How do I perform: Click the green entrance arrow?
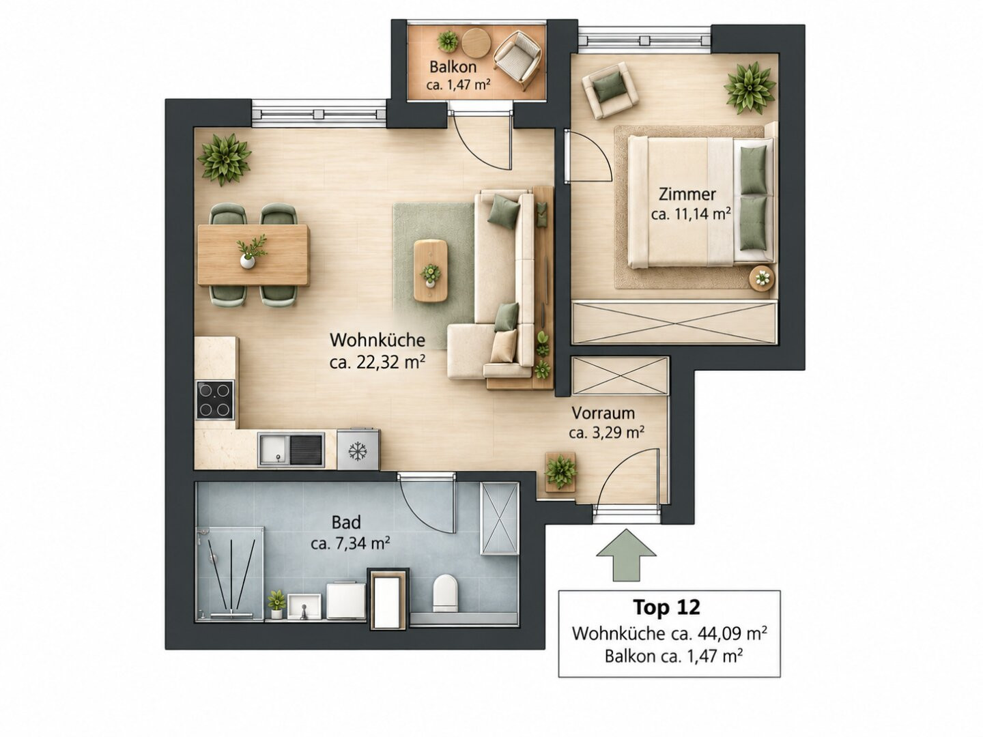626,555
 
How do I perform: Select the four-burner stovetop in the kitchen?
215,400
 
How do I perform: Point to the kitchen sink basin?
274,449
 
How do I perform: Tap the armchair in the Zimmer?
610,90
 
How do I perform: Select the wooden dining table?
253,255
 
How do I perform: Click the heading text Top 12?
666,607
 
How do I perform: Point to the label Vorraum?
603,413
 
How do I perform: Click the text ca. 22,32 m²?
377,362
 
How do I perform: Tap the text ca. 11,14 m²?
692,214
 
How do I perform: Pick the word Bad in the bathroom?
346,522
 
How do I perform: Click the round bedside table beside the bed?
761,278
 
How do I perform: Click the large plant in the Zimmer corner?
750,88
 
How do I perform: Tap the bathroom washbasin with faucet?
304,607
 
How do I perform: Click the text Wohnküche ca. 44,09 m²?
670,633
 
